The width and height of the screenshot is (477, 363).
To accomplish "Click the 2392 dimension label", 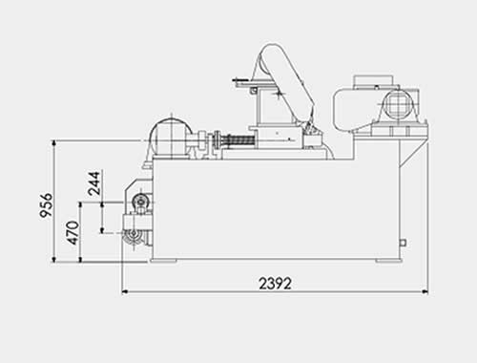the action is tap(275, 283).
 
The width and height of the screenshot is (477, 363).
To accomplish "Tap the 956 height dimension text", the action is tap(47, 205).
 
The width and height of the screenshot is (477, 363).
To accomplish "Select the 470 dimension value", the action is tap(73, 233).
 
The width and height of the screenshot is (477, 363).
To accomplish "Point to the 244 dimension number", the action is tap(94, 183).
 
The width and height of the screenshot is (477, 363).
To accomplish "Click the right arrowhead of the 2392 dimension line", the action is tap(425, 291).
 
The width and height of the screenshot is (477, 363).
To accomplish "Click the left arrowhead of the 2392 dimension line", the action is tap(126, 291).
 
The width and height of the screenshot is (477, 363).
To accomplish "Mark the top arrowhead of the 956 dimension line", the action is tap(54, 144).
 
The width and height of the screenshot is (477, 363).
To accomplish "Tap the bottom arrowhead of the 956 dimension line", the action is tap(54, 259).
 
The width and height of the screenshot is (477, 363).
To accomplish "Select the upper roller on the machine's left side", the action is tap(140, 202).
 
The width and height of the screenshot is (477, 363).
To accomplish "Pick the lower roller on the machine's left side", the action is tap(132, 236).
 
